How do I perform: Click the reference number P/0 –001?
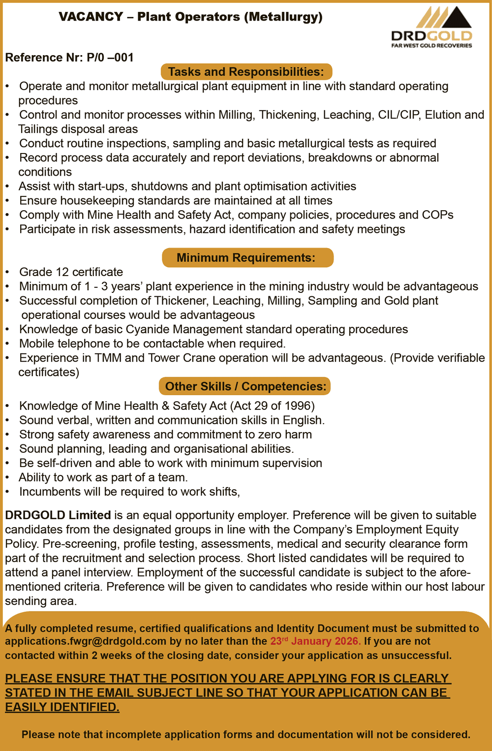point(110,58)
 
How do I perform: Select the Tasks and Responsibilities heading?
point(246,72)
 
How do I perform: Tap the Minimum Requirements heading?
point(246,258)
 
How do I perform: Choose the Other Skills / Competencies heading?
point(245,386)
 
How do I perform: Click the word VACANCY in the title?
point(91,17)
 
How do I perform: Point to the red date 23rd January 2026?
point(315,641)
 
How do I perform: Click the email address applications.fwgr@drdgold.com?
point(86,641)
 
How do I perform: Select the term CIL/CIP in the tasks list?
point(398,115)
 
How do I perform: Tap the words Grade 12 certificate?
point(71,272)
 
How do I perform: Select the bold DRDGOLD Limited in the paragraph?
point(58,515)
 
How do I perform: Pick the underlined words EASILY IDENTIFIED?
point(62,707)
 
